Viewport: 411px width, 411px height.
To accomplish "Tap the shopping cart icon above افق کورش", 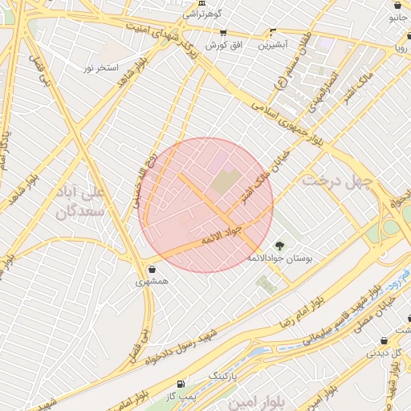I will click(x=223, y=34).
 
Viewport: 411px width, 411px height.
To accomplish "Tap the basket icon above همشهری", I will click(x=153, y=269).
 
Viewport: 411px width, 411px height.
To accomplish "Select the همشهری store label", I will click(x=153, y=282).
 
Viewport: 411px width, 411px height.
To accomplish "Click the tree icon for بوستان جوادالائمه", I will click(x=279, y=246).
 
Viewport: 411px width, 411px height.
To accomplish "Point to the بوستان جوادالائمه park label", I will click(x=280, y=258).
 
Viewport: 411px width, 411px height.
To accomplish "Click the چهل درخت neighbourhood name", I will click(x=338, y=181).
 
